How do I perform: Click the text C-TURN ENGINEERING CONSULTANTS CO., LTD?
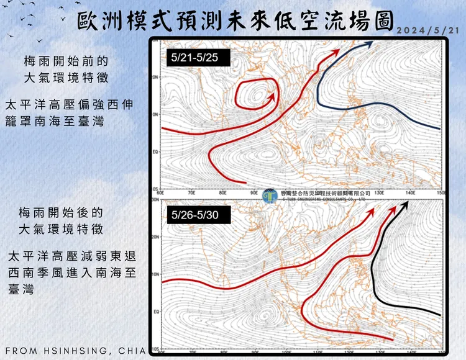click(x=325, y=199)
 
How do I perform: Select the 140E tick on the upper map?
click(x=410, y=193)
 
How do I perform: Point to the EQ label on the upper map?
click(x=156, y=151)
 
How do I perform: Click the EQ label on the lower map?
click(x=156, y=312)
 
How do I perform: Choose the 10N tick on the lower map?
click(x=155, y=274)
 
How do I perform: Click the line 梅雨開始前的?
click(x=66, y=61)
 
